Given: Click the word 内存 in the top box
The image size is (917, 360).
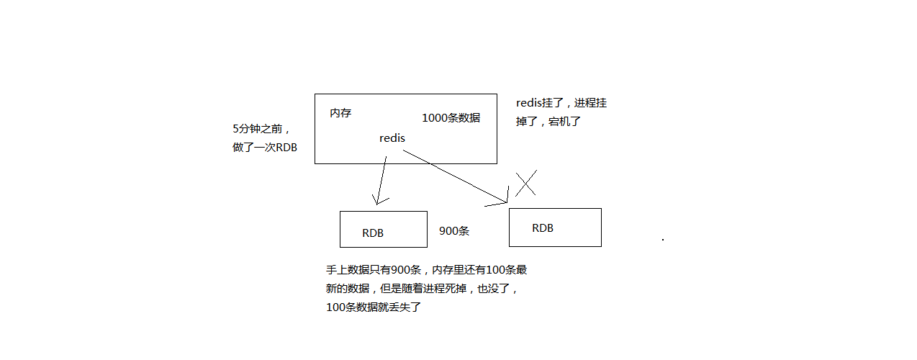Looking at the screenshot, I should click(340, 114).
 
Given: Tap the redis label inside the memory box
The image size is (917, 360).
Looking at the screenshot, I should click(392, 138).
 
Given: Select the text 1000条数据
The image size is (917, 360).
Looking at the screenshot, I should click(451, 118).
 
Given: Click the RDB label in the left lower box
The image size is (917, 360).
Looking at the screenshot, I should click(373, 233).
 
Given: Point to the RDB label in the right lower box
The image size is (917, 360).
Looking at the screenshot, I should click(543, 228).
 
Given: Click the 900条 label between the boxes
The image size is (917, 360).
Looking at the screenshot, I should click(454, 231).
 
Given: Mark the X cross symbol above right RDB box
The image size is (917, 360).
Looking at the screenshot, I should click(526, 184).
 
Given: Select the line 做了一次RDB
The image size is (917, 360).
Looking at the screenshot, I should click(265, 148).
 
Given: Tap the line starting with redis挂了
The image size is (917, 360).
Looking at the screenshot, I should click(561, 104).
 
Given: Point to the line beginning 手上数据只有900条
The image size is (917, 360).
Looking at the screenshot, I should click(426, 271).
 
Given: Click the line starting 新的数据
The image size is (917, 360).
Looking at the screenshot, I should click(422, 289).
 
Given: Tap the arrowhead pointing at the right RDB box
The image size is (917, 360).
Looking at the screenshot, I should click(504, 199).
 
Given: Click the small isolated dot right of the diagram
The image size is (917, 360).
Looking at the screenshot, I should click(662, 238).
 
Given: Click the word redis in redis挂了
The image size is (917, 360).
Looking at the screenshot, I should click(529, 104).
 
